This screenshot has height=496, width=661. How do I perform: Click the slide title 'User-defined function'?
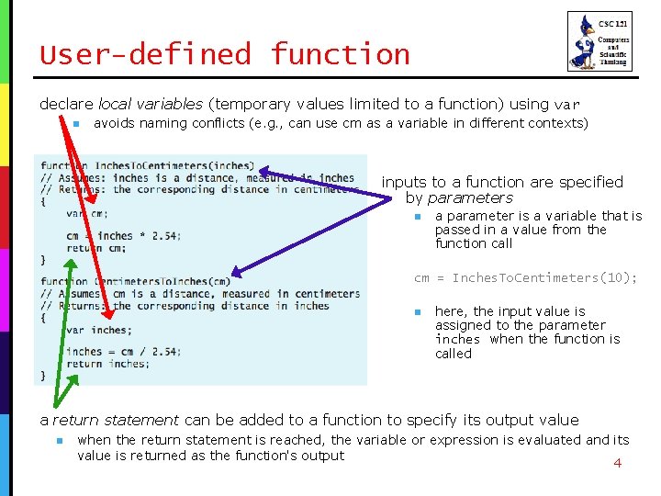pos(225,54)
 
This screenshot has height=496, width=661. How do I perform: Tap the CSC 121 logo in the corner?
pos(599,41)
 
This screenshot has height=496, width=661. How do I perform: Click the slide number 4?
pos(617,463)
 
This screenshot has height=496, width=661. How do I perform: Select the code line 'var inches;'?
pos(98,330)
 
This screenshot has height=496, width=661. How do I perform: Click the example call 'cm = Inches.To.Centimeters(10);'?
pos(525,278)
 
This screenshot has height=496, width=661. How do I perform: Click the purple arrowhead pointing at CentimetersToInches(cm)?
pos(236,272)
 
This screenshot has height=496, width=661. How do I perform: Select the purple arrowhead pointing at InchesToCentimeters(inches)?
pos(263,171)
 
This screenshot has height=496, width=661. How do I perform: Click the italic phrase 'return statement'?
pos(116,420)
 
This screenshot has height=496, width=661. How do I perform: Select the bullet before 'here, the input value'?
pos(416,312)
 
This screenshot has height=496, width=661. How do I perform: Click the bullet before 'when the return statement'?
pos(58,441)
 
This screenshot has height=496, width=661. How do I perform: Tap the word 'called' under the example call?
pos(454,353)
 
